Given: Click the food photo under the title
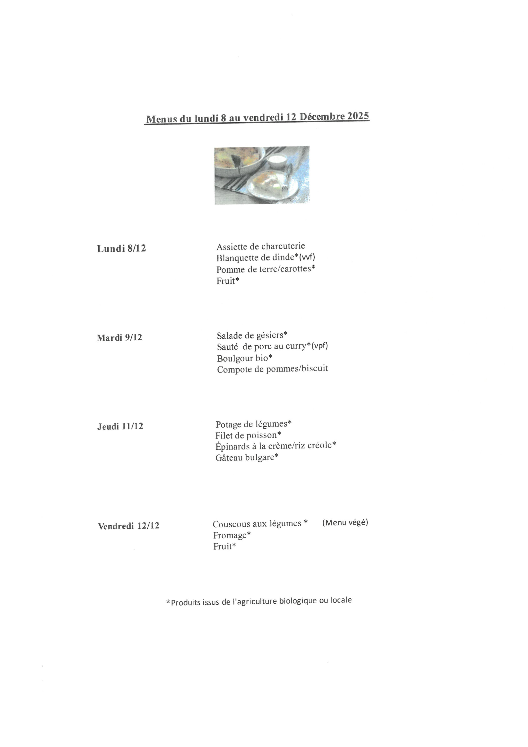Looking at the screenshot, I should click(262, 175).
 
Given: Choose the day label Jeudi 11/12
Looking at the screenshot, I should click(120, 426).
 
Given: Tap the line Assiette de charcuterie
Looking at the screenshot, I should click(261, 246).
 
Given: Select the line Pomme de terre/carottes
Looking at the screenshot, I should click(265, 269).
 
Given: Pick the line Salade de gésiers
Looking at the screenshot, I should click(252, 335).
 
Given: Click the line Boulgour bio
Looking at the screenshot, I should click(244, 358).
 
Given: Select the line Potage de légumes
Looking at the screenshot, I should click(253, 424).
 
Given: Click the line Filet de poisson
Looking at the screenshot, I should click(248, 435).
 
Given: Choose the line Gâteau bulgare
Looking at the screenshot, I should click(247, 457).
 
